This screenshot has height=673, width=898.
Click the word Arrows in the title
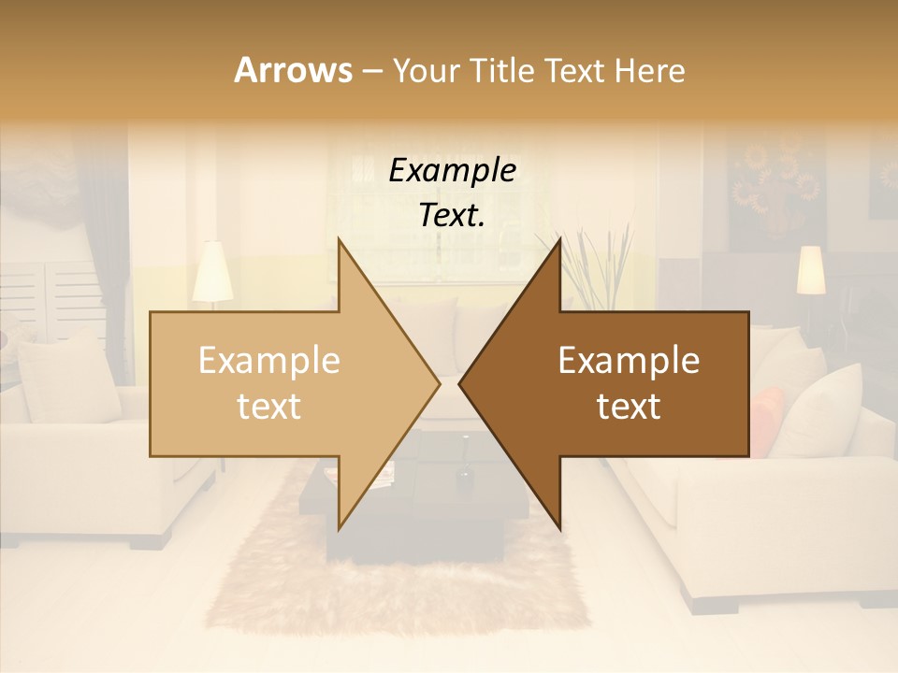point(293,70)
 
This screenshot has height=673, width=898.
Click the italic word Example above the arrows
point(452,171)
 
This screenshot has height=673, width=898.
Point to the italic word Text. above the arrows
point(452,216)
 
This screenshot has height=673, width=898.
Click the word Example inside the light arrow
point(268,361)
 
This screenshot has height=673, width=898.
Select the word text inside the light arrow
point(268,407)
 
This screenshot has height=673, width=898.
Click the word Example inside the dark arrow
point(629,361)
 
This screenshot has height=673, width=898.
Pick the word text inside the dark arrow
point(629,407)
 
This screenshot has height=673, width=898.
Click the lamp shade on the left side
point(212,272)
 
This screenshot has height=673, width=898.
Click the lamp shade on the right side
point(810,270)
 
